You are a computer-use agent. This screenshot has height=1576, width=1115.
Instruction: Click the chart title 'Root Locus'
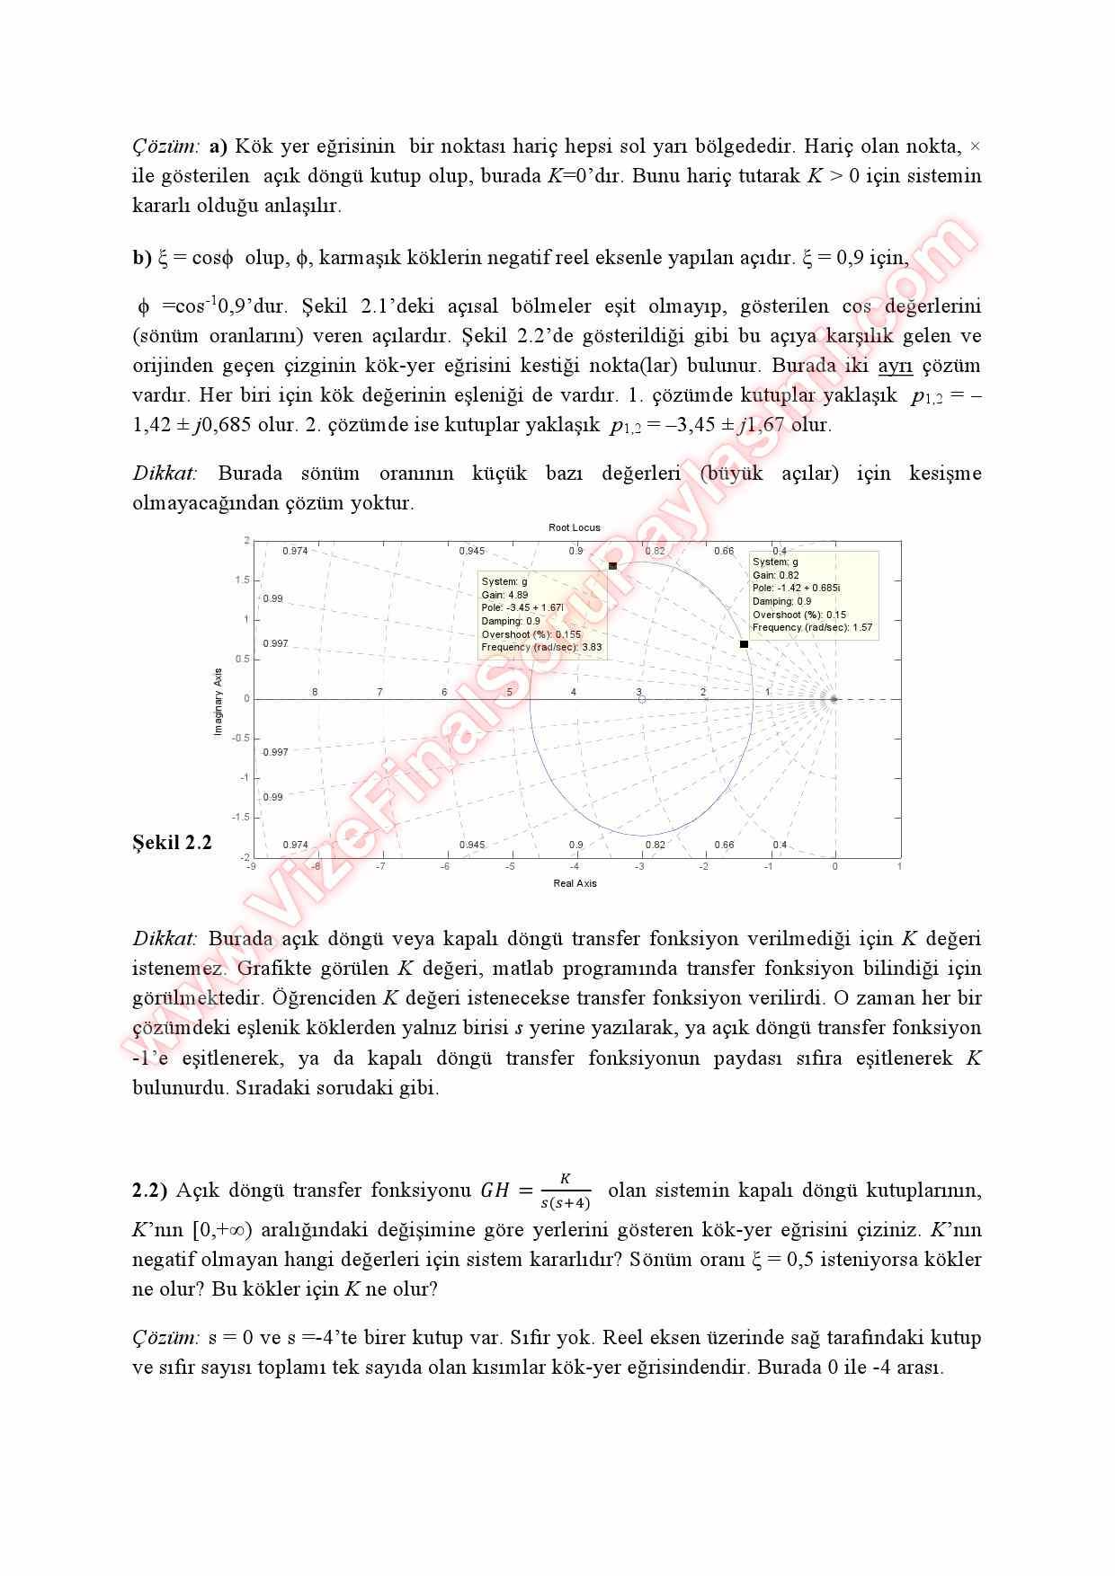pyautogui.click(x=574, y=527)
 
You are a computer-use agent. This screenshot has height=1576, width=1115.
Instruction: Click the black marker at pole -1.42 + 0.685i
pyautogui.click(x=744, y=643)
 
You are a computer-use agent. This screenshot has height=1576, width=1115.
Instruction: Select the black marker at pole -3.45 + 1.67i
pyautogui.click(x=612, y=566)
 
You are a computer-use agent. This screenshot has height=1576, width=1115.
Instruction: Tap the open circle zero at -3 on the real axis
pyautogui.click(x=641, y=698)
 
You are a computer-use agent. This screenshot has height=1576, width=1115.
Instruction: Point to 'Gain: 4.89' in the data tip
pyautogui.click(x=504, y=595)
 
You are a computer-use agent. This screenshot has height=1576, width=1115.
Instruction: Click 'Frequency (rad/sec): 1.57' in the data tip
pyautogui.click(x=812, y=627)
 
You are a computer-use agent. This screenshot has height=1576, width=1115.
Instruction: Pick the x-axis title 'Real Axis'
pyautogui.click(x=575, y=883)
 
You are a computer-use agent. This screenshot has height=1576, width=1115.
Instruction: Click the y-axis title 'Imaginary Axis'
pyautogui.click(x=218, y=702)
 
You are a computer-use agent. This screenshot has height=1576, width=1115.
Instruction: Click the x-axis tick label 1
pyautogui.click(x=899, y=866)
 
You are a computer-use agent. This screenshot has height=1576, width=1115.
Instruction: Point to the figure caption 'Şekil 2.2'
pyautogui.click(x=172, y=843)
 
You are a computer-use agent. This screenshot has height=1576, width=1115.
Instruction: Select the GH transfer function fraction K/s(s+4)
pyautogui.click(x=565, y=1191)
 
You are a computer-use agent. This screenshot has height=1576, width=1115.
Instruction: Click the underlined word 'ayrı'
pyautogui.click(x=895, y=366)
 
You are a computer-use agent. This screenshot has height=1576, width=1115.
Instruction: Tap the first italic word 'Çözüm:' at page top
pyautogui.click(x=166, y=146)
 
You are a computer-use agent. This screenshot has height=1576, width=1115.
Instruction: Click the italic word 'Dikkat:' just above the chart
pyautogui.click(x=165, y=473)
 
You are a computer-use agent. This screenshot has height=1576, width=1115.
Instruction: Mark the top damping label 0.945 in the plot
pyautogui.click(x=471, y=551)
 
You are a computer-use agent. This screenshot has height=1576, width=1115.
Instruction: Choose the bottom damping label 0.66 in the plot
pyautogui.click(x=724, y=845)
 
